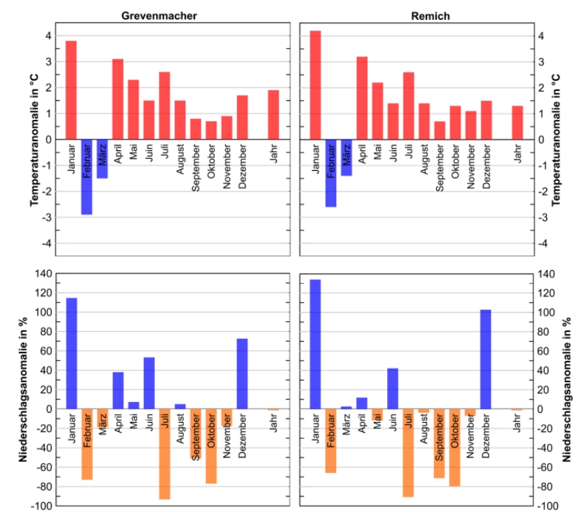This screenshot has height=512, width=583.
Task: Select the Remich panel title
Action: click(420, 16)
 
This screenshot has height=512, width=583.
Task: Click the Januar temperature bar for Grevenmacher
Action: click(71, 90)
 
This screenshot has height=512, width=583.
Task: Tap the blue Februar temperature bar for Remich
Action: click(331, 173)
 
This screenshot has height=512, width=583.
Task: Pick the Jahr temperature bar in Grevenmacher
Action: click(274, 115)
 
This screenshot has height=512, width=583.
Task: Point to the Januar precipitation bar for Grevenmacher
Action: click(71, 353)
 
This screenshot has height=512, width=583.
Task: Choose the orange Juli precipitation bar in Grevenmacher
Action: click(165, 454)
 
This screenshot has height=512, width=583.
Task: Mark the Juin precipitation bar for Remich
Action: click(392, 389)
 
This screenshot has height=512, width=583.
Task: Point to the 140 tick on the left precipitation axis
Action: click(44, 274)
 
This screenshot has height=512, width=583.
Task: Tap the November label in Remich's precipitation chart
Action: click(470, 439)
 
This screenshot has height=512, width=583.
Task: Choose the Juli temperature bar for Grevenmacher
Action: click(165, 106)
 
